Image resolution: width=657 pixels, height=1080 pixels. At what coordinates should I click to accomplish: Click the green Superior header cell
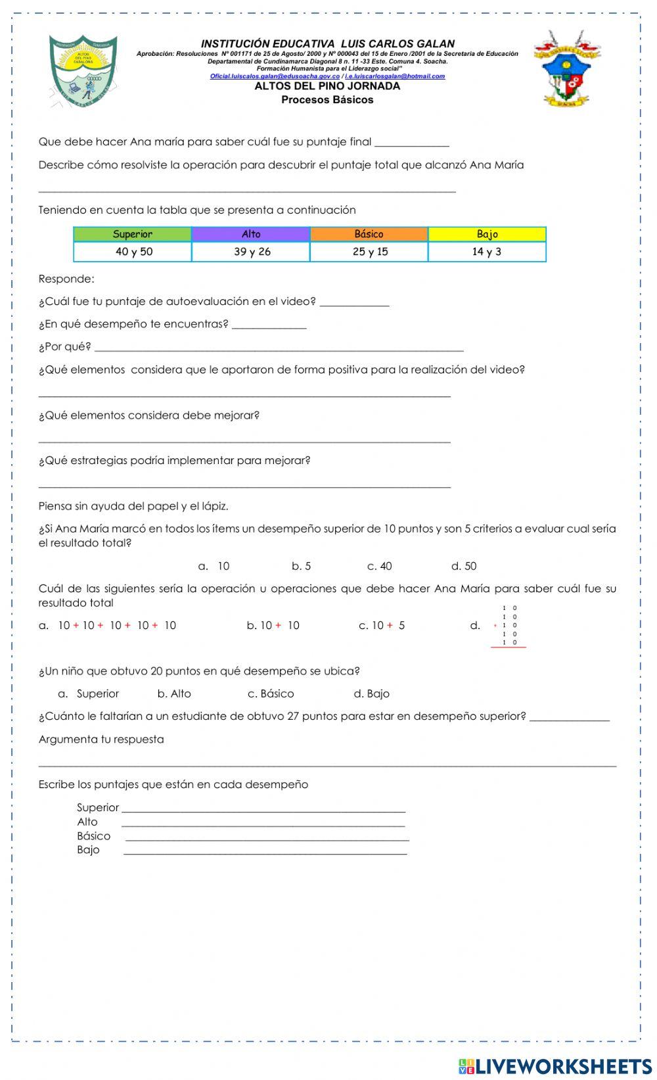[x=132, y=234]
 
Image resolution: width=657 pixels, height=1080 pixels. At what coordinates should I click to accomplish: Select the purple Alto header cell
[x=251, y=234]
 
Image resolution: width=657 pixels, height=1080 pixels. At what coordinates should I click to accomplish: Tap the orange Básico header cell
[x=369, y=234]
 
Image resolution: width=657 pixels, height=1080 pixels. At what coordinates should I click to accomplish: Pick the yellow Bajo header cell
[x=487, y=234]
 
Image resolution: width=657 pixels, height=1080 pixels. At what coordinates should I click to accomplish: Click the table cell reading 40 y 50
[x=133, y=252]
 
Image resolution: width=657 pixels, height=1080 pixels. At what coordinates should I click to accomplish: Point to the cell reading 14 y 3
[x=487, y=252]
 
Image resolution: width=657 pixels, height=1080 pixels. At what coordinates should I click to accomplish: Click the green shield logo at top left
[x=83, y=72]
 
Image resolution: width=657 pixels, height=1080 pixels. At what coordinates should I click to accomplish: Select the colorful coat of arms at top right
[x=566, y=69]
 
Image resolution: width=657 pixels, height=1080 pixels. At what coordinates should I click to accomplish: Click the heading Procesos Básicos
[x=327, y=100]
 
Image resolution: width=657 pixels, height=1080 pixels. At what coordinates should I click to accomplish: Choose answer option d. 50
[x=464, y=566]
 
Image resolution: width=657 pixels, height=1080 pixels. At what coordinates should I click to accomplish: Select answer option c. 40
[x=380, y=566]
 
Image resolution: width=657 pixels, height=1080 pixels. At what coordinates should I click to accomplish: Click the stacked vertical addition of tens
[x=509, y=626]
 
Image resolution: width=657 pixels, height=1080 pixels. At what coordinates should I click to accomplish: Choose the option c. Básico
[x=271, y=693]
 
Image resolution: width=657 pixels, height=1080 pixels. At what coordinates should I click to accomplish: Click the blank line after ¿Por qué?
[x=279, y=349]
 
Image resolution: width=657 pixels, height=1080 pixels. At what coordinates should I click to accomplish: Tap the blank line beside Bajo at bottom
[x=265, y=853]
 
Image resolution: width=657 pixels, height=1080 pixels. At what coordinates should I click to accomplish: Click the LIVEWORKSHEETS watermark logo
[x=555, y=1066]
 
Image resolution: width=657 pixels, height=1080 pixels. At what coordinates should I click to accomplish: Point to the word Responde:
[x=66, y=279]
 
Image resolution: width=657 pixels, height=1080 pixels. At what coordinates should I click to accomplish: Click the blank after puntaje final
[x=412, y=145]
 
